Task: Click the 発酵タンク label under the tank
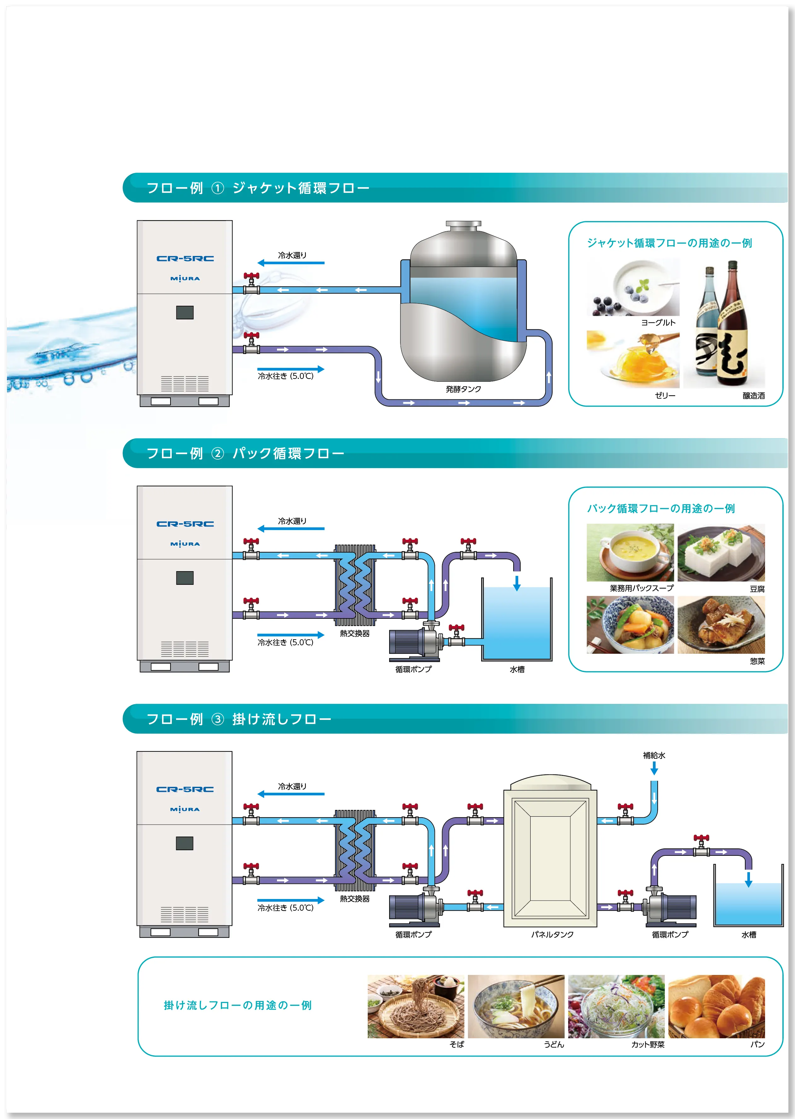pyautogui.click(x=463, y=389)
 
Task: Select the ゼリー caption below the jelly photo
pyautogui.click(x=665, y=395)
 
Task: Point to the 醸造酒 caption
pyautogui.click(x=753, y=396)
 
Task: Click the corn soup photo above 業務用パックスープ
pyautogui.click(x=630, y=552)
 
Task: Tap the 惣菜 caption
pyautogui.click(x=757, y=661)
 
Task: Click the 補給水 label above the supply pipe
pyautogui.click(x=654, y=755)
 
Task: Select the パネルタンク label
pyautogui.click(x=552, y=934)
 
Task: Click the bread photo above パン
pyautogui.click(x=716, y=1006)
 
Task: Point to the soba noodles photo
pyautogui.click(x=416, y=1006)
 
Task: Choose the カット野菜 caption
pyautogui.click(x=648, y=1045)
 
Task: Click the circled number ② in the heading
pyautogui.click(x=217, y=454)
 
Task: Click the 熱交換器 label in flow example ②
pyautogui.click(x=354, y=633)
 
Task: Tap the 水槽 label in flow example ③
pyautogui.click(x=748, y=934)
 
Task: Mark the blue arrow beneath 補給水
pyautogui.click(x=654, y=768)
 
